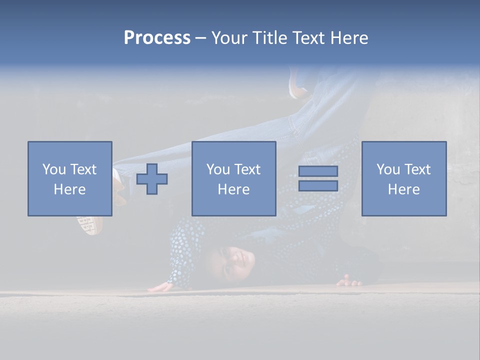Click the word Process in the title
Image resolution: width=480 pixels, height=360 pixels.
pos(157,38)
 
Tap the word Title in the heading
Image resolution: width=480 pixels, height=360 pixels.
pos(268,38)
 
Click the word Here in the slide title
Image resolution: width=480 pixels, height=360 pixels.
pos(349,38)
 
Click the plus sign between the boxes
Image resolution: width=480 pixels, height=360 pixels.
pos(152,179)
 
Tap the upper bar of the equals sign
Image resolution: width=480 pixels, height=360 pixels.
pos(318,171)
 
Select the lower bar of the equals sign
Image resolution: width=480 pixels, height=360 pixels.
pos(318,186)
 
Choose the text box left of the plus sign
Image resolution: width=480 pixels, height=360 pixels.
pos(70,178)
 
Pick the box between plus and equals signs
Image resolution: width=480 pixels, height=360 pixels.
pos(234,178)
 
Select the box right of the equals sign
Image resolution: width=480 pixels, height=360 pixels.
pos(404,178)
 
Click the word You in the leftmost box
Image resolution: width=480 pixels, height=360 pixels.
pos(54,169)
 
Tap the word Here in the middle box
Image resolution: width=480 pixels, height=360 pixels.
pos(234,189)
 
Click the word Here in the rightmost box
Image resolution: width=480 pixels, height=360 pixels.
pos(404,189)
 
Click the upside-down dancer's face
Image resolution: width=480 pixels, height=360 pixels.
pos(235,262)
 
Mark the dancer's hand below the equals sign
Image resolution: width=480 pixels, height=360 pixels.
pos(349,281)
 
